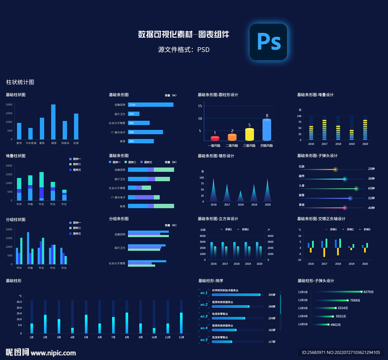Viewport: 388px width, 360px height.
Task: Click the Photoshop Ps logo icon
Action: tap(268, 42)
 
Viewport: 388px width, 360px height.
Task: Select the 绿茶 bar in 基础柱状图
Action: tap(53, 122)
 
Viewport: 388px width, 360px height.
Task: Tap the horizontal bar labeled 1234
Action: tap(150, 105)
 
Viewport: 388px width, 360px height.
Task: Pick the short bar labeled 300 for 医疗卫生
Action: tap(133, 114)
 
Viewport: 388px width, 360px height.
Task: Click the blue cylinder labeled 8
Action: tap(267, 130)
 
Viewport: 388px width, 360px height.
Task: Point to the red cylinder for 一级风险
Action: tap(215, 138)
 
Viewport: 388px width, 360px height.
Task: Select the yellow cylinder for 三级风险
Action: tap(249, 135)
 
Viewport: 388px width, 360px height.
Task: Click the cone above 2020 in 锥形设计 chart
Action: tap(268, 191)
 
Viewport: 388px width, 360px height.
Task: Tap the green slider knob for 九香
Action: tap(356, 188)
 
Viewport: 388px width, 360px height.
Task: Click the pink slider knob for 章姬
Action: tap(345, 208)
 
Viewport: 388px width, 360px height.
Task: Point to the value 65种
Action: tap(371, 188)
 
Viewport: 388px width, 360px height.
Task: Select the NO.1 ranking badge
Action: tap(204, 293)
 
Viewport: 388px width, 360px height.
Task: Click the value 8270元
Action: tap(368, 292)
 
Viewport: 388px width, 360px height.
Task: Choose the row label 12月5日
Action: tap(303, 324)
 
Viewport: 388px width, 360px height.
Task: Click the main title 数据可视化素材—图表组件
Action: tap(184, 34)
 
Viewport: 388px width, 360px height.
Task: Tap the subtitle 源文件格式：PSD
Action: tap(184, 50)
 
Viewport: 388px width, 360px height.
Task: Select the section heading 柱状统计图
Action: tap(20, 82)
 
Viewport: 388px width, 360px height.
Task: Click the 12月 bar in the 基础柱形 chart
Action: tap(181, 323)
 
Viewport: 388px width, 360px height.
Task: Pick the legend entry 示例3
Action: tap(365, 229)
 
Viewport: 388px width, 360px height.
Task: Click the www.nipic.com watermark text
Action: tap(53, 353)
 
